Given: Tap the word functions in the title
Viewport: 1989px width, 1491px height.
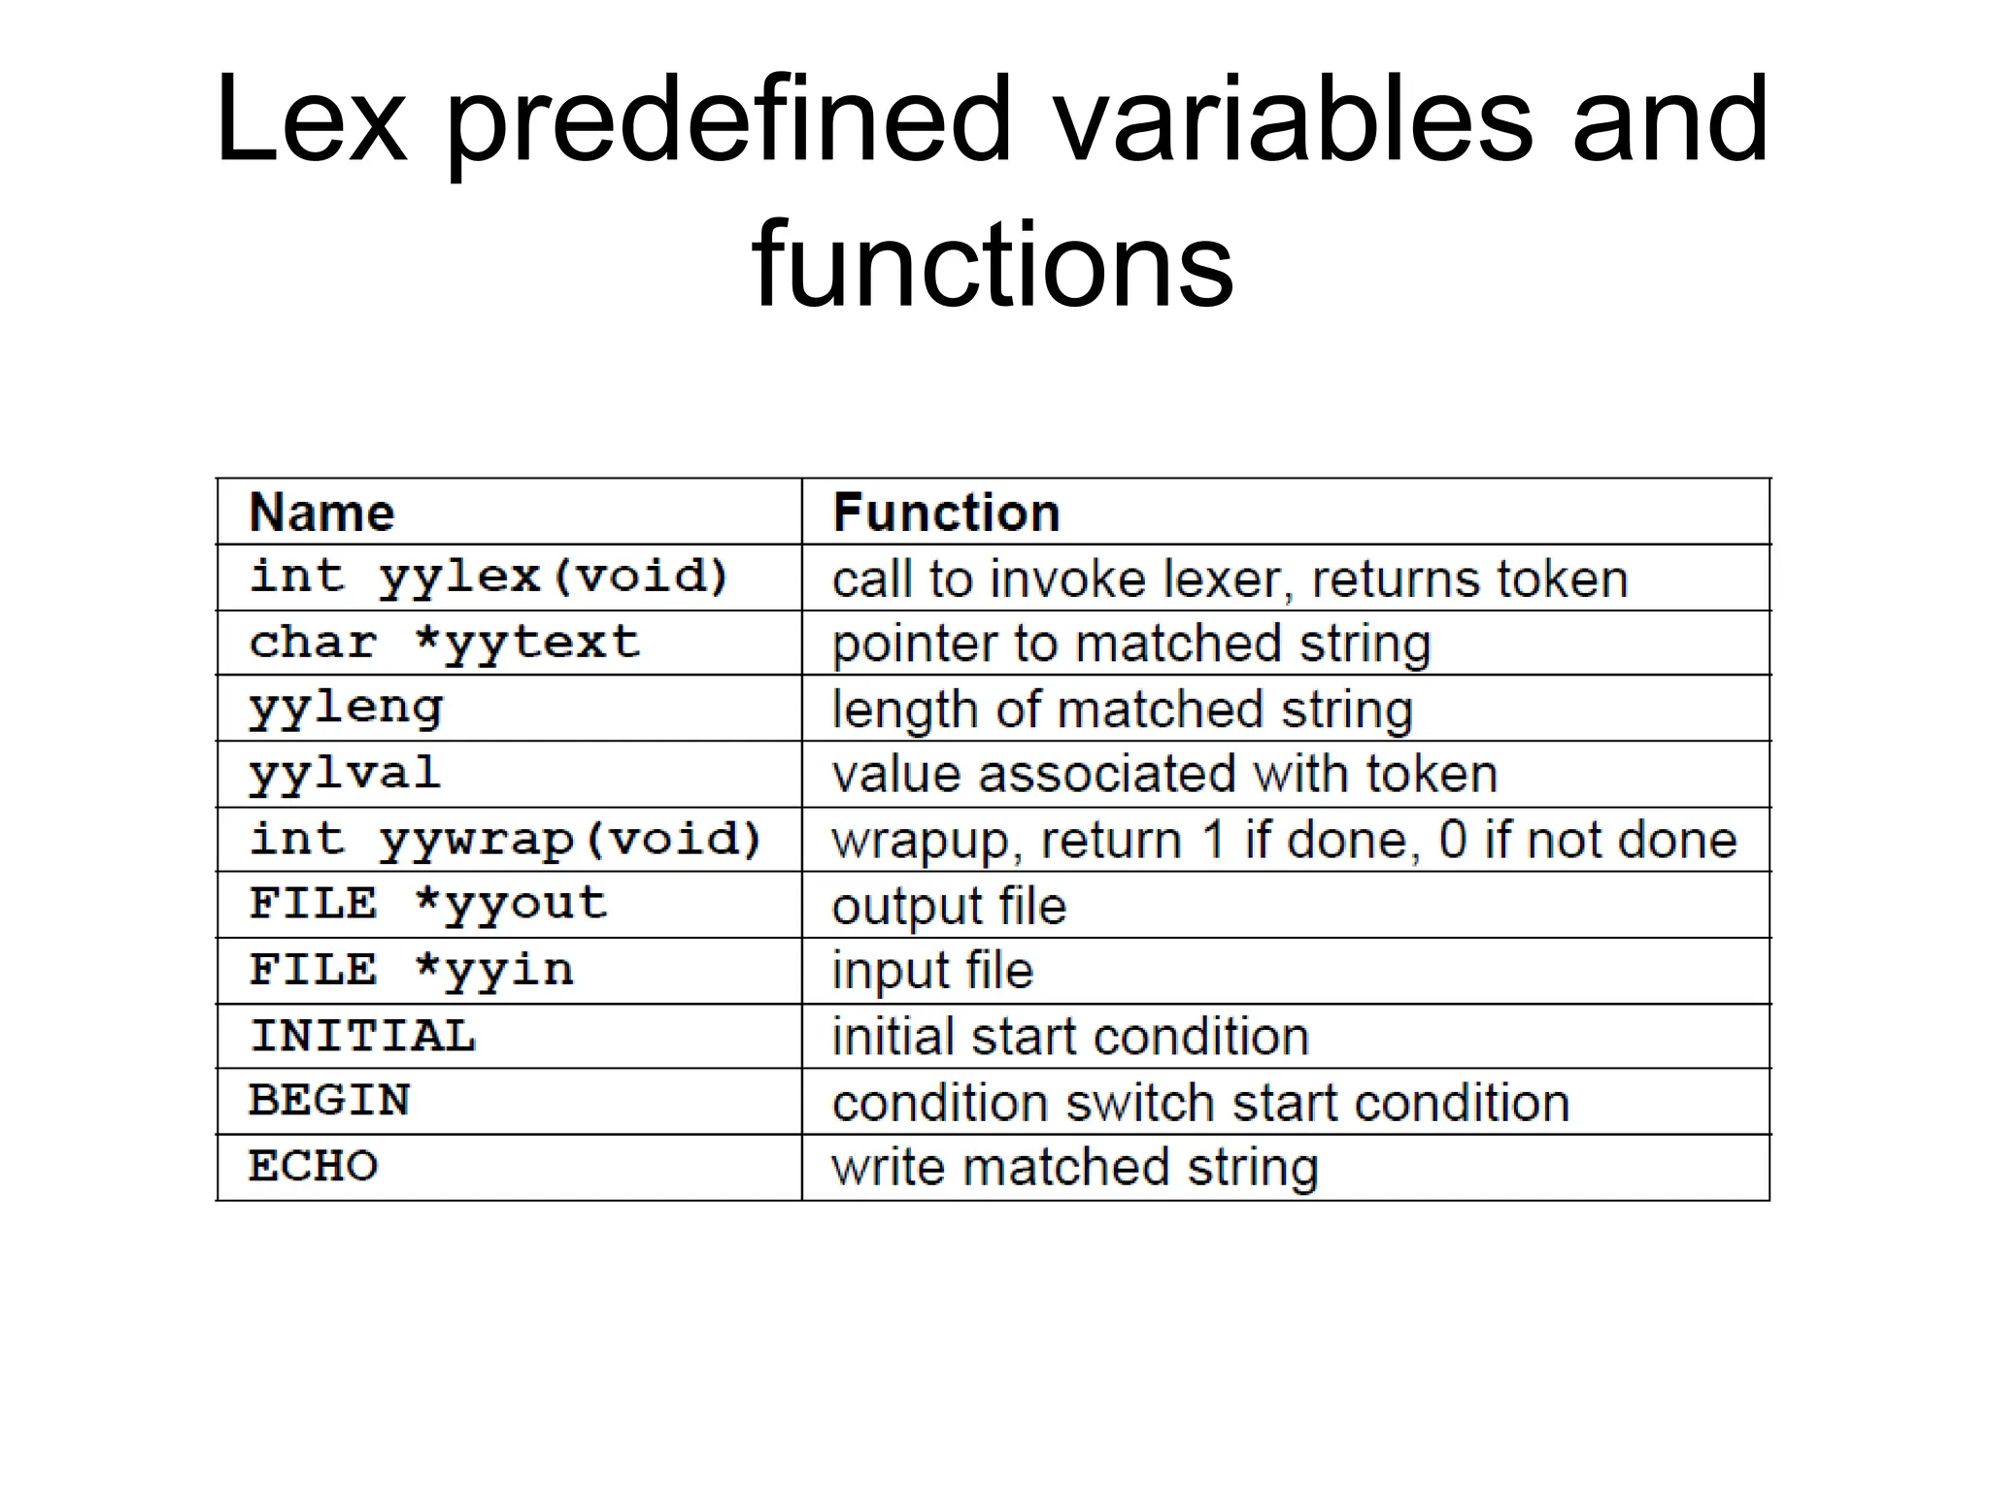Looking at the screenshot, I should point(993,264).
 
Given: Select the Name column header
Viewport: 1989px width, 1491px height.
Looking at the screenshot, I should point(321,513).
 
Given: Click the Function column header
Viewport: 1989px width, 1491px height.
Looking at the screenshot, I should point(946,513).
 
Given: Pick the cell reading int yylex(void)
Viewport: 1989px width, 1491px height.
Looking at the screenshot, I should point(489,578).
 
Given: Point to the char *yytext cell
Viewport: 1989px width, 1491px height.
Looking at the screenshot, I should point(445,643).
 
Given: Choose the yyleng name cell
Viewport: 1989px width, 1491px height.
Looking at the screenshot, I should point(346,708).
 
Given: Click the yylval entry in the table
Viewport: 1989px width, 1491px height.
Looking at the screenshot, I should point(345,774).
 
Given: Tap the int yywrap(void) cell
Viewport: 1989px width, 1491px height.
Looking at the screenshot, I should point(505,840).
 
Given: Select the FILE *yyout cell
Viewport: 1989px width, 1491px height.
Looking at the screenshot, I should point(428,905).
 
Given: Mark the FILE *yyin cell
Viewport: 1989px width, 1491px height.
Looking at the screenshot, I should point(412,971).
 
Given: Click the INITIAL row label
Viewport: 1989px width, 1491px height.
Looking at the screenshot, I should point(362,1036).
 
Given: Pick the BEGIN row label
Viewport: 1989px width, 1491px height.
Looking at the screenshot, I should point(329,1101).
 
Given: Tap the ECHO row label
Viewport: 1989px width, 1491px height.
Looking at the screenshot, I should point(313,1167).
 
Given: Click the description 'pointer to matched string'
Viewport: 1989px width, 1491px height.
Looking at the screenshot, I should point(1131,644).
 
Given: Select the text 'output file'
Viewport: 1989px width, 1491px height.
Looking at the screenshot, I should point(949,906).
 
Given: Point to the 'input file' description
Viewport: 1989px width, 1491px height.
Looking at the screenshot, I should point(932,971).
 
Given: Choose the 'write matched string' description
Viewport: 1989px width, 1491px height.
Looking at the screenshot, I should point(1075,1168).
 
